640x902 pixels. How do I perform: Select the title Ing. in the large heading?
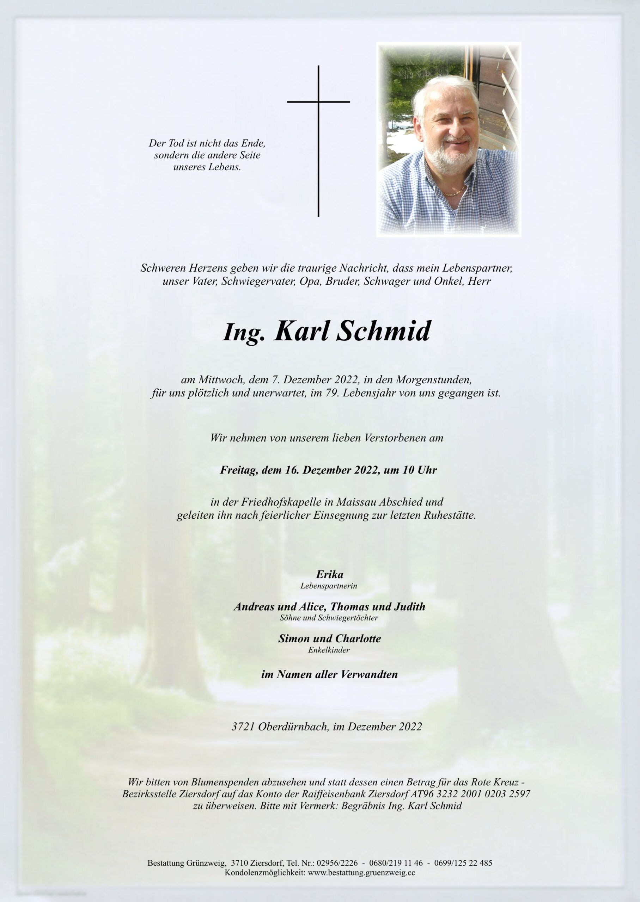[242, 333]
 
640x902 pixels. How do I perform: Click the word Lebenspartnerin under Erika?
[329, 586]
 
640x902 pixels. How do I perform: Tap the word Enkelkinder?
[329, 650]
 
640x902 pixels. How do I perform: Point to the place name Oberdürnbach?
[293, 727]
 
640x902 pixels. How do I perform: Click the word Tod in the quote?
[175, 143]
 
